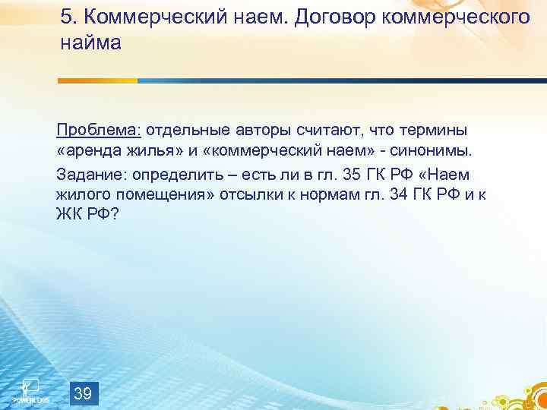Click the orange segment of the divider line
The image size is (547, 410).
pos(98,80)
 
